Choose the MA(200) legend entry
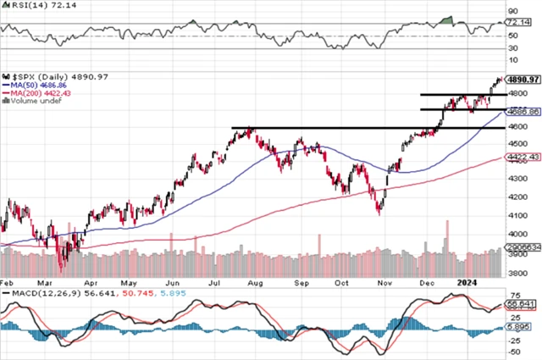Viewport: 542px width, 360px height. point(38,94)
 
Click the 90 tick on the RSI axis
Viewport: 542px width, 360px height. point(512,13)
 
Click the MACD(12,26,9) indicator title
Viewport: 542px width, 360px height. point(42,292)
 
